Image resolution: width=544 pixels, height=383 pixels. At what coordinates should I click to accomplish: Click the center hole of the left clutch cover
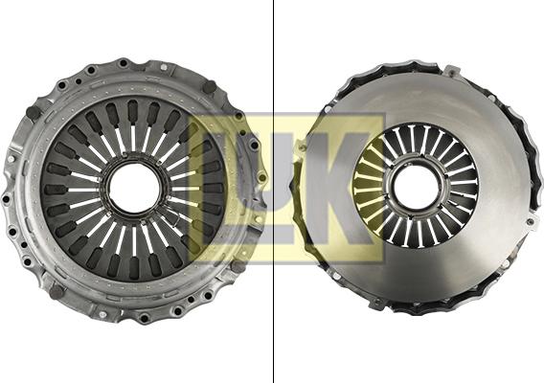pyautogui.click(x=134, y=191)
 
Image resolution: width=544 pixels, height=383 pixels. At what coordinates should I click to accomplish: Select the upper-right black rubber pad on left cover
pyautogui.click(x=209, y=87)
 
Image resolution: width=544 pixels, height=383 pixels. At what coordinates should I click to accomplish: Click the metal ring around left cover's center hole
pyautogui.click(x=134, y=163)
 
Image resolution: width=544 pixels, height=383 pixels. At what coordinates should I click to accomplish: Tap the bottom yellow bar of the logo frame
pyautogui.click(x=287, y=256)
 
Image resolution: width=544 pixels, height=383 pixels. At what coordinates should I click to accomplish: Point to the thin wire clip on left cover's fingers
pyautogui.click(x=177, y=230)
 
